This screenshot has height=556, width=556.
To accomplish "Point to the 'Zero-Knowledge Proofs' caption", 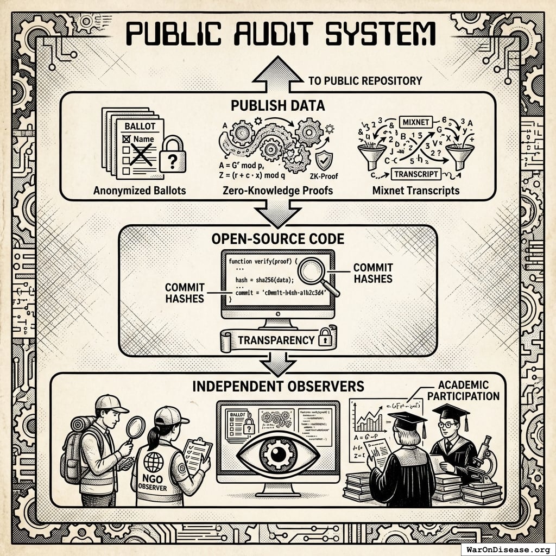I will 277,191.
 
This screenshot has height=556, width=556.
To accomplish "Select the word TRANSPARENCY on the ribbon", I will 276,340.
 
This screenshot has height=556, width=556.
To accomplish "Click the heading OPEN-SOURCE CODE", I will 278,238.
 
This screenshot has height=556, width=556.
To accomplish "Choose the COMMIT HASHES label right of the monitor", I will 372,273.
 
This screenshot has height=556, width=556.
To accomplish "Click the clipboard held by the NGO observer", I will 195,455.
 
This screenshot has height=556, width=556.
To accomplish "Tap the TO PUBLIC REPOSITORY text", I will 365,81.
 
